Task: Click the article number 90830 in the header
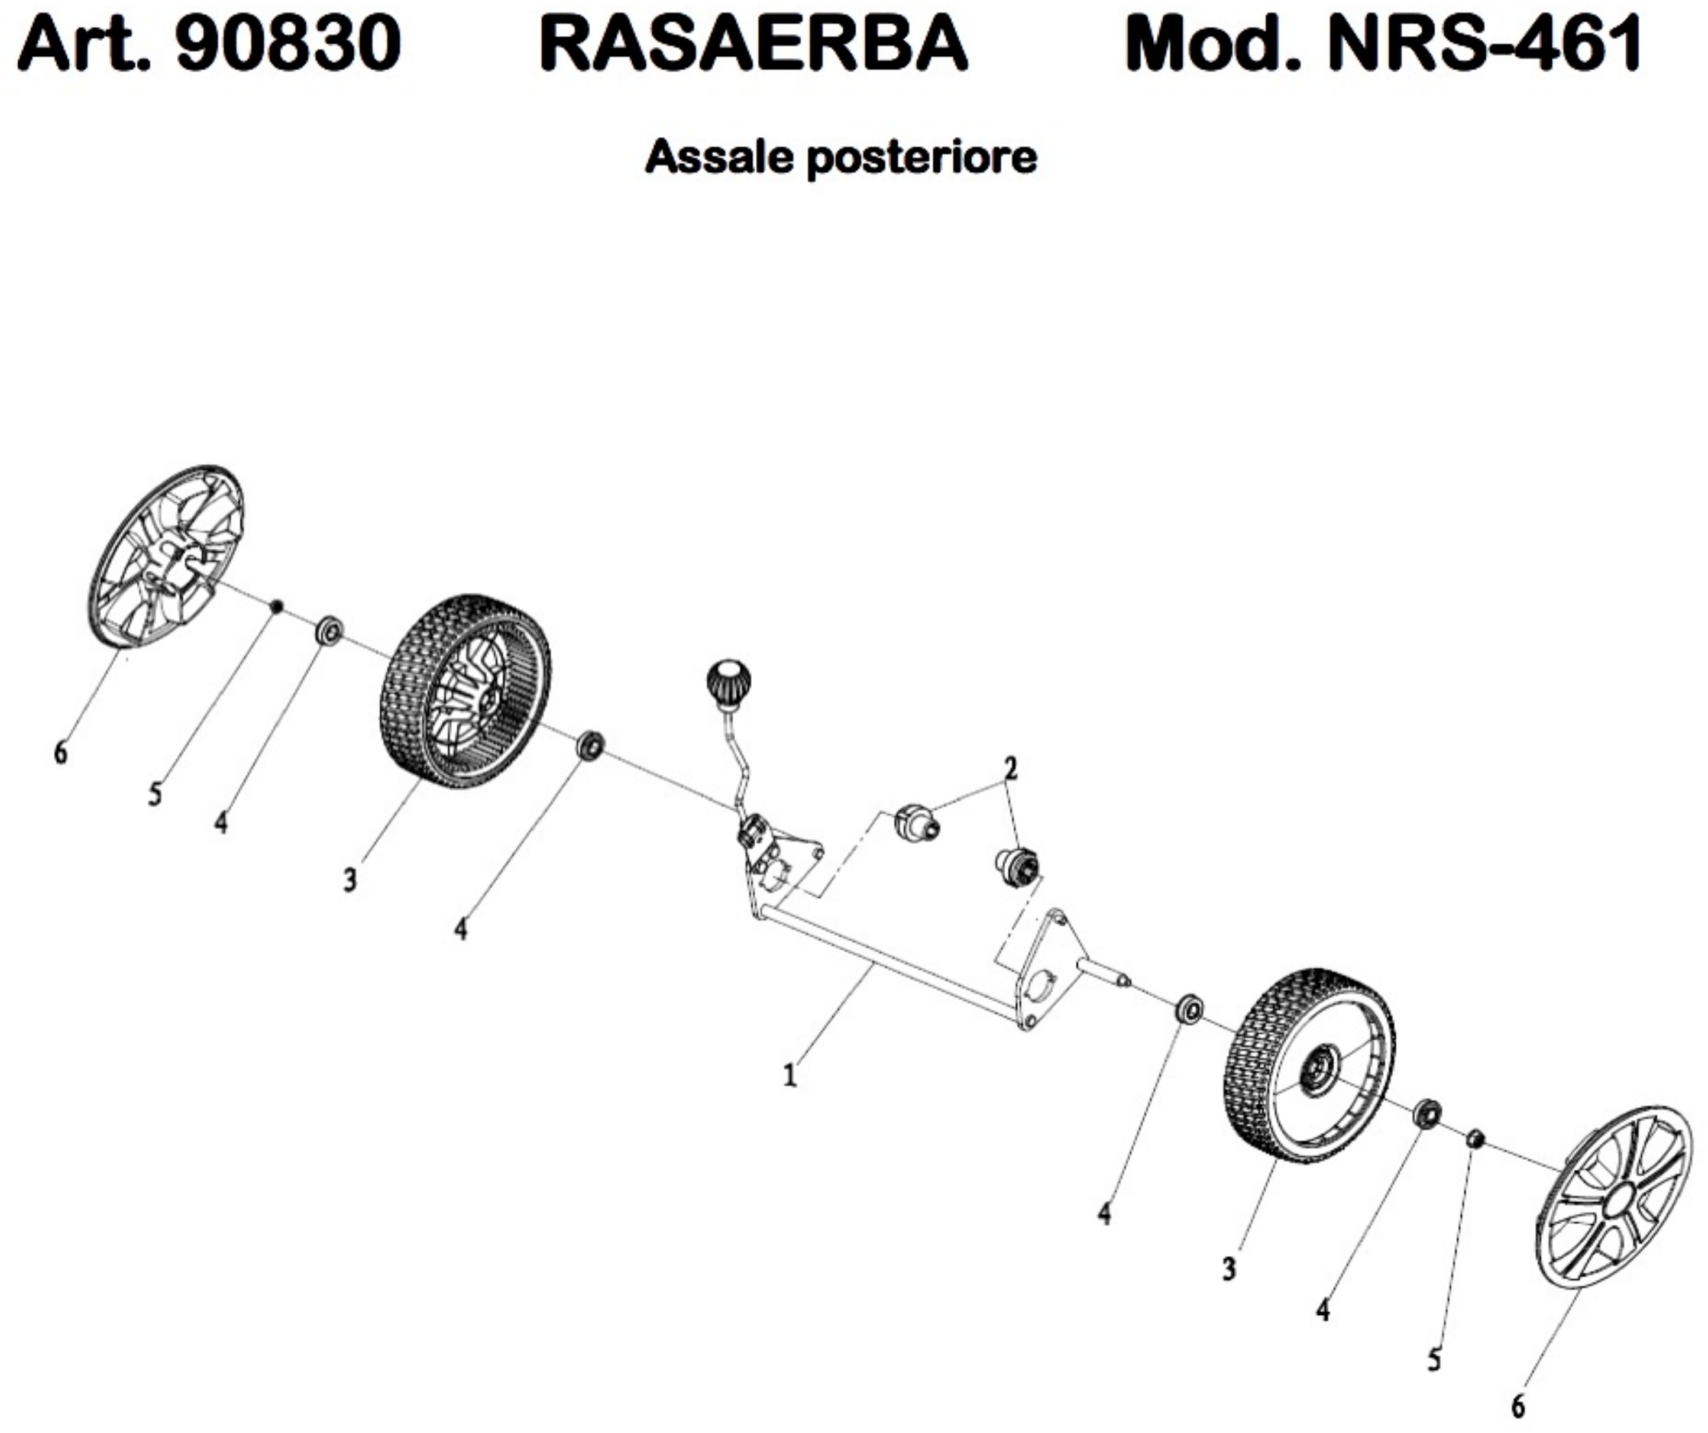[x=288, y=45]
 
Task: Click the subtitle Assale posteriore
[x=840, y=157]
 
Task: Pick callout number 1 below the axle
[x=789, y=1076]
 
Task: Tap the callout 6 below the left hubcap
[x=60, y=753]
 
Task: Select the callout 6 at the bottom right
[x=1518, y=1405]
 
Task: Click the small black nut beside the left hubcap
[x=277, y=606]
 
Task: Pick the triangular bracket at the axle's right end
[x=1049, y=972]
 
